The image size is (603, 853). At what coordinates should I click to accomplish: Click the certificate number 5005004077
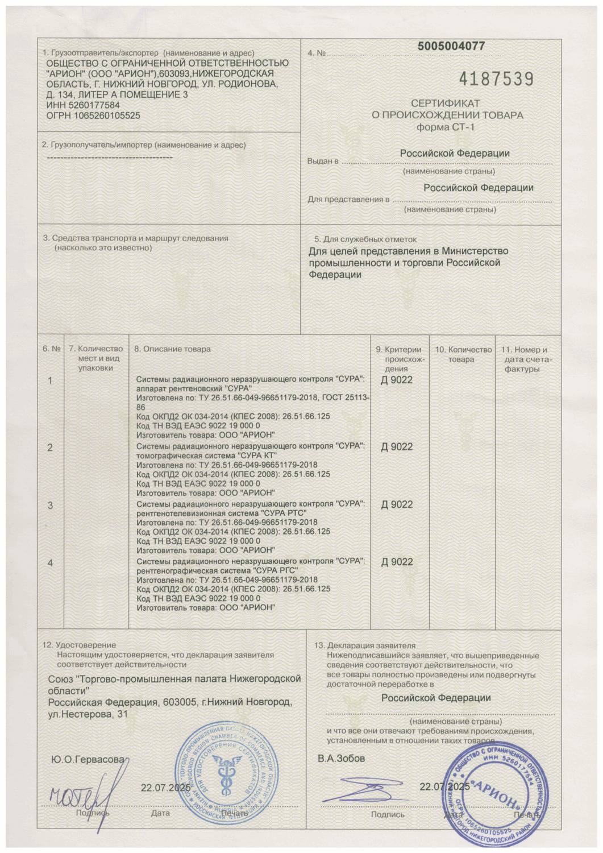pos(451,47)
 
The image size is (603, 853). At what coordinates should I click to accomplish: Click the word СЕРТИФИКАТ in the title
pos(446,103)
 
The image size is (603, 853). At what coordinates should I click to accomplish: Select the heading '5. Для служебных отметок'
pos(365,239)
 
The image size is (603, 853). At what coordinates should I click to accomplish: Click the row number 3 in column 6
pos(50,505)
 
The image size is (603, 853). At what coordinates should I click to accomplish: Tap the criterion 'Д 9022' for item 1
pos(397,380)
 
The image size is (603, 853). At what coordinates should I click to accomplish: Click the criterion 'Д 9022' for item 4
pos(397,562)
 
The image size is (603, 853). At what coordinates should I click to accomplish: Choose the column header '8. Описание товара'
pos(172,349)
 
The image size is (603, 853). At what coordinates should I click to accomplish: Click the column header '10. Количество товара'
pos(463,354)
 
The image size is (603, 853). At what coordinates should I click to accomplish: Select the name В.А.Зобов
pos(341,759)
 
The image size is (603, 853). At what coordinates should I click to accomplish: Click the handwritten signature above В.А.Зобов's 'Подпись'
pos(364,791)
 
